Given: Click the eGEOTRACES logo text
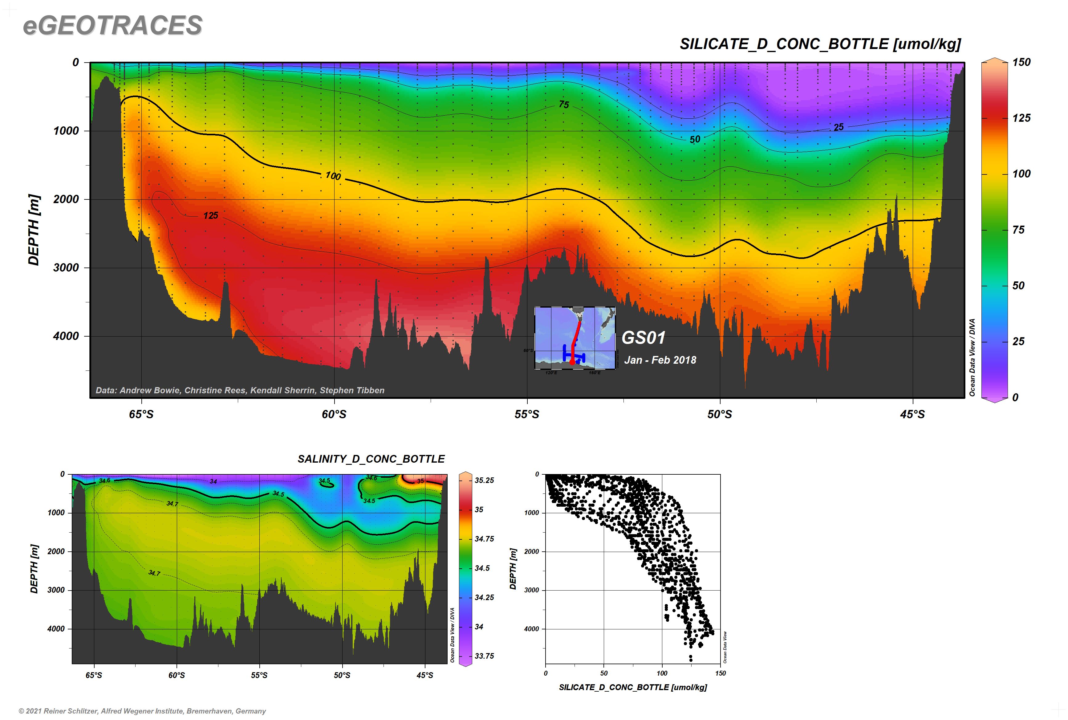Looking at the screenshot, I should pyautogui.click(x=112, y=25).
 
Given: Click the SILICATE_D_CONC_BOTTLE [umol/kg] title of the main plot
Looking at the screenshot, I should pyautogui.click(x=820, y=44).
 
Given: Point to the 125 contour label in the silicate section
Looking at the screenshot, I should pyautogui.click(x=211, y=215).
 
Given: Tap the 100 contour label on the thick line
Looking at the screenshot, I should pyautogui.click(x=333, y=176).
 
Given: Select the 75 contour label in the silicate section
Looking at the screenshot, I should pyautogui.click(x=564, y=105).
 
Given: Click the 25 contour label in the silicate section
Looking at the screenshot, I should pyautogui.click(x=839, y=127).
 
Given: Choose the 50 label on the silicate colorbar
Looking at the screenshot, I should pyautogui.click(x=1018, y=286).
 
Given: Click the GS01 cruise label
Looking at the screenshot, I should pyautogui.click(x=643, y=338).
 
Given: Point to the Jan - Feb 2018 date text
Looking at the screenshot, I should pyautogui.click(x=660, y=360).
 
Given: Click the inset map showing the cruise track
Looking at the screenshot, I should pyautogui.click(x=575, y=338).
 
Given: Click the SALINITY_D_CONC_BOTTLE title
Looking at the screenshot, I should pyautogui.click(x=371, y=459).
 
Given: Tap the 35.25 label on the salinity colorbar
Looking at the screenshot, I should pyautogui.click(x=484, y=480).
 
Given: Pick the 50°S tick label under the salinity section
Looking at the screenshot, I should pyautogui.click(x=342, y=675).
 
